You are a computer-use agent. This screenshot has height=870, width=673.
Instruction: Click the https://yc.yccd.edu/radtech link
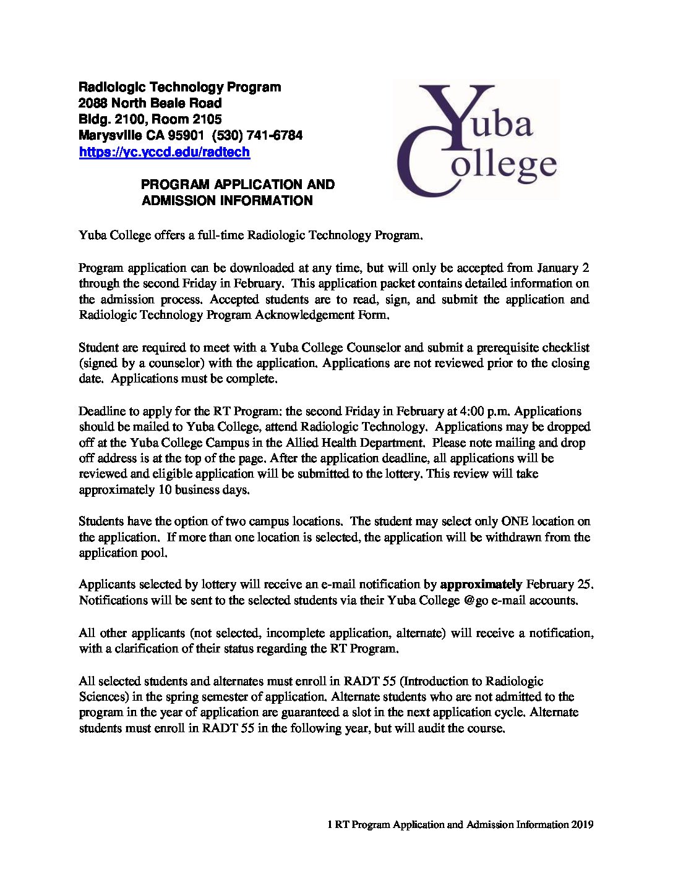164,152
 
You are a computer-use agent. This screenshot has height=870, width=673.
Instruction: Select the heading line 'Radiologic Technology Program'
179,87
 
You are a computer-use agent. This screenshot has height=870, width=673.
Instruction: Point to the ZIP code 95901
186,135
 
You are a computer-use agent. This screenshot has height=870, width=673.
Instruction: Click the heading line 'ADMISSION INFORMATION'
227,200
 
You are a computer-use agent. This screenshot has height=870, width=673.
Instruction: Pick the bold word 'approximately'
481,585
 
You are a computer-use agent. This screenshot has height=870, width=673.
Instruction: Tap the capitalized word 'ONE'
515,522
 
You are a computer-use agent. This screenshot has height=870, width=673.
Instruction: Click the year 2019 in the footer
582,824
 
